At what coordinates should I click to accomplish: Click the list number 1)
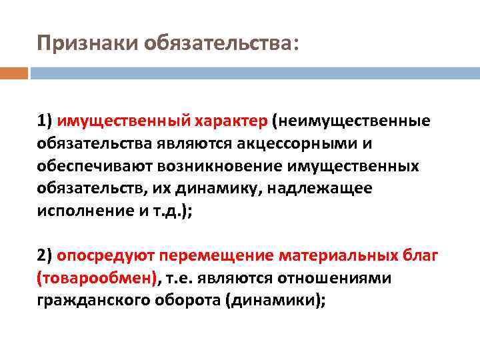coord(45,121)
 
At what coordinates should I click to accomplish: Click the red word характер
coord(231,121)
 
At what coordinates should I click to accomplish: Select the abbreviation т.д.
coord(169,211)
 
